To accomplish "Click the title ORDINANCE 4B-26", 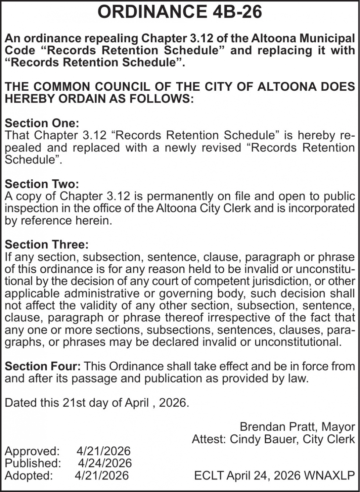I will (x=180, y=12).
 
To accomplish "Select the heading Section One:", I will (x=42, y=123).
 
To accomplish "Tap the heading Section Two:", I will (x=42, y=184).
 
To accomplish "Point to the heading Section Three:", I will (x=47, y=244).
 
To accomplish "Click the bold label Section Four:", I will (x=43, y=366).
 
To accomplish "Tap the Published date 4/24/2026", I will (x=105, y=463).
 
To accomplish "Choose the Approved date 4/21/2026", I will (x=104, y=451).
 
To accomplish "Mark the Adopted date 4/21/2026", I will (x=102, y=475).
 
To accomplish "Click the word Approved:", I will (x=32, y=451).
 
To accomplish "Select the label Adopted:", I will (x=29, y=475).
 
